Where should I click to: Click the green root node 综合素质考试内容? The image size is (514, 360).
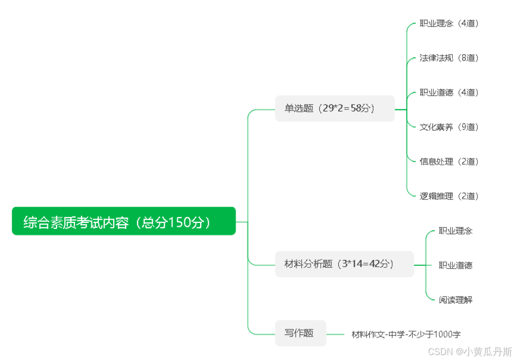tap(123, 221)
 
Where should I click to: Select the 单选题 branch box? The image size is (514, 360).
tap(335, 108)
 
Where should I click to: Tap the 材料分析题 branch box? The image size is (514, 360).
tap(344, 264)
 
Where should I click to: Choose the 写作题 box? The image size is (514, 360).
tap(300, 333)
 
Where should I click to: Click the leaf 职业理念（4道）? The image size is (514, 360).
tap(449, 23)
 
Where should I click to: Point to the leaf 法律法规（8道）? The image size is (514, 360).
tap(449, 58)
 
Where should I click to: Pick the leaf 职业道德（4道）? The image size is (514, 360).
tap(449, 92)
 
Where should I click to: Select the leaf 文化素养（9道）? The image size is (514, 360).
tap(449, 127)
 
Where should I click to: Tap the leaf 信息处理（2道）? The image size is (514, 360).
tap(449, 162)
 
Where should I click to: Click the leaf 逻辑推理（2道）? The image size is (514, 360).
tap(449, 196)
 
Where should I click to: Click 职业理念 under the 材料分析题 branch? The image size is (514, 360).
tap(455, 231)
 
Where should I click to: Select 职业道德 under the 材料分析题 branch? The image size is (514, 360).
tap(455, 265)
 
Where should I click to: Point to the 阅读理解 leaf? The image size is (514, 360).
tap(455, 300)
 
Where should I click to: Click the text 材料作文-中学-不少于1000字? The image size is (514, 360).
tap(406, 334)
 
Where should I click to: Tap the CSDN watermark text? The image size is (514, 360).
tap(470, 351)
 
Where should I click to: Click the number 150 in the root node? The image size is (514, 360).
tap(179, 222)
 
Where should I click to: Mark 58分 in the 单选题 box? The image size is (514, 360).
tap(362, 108)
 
